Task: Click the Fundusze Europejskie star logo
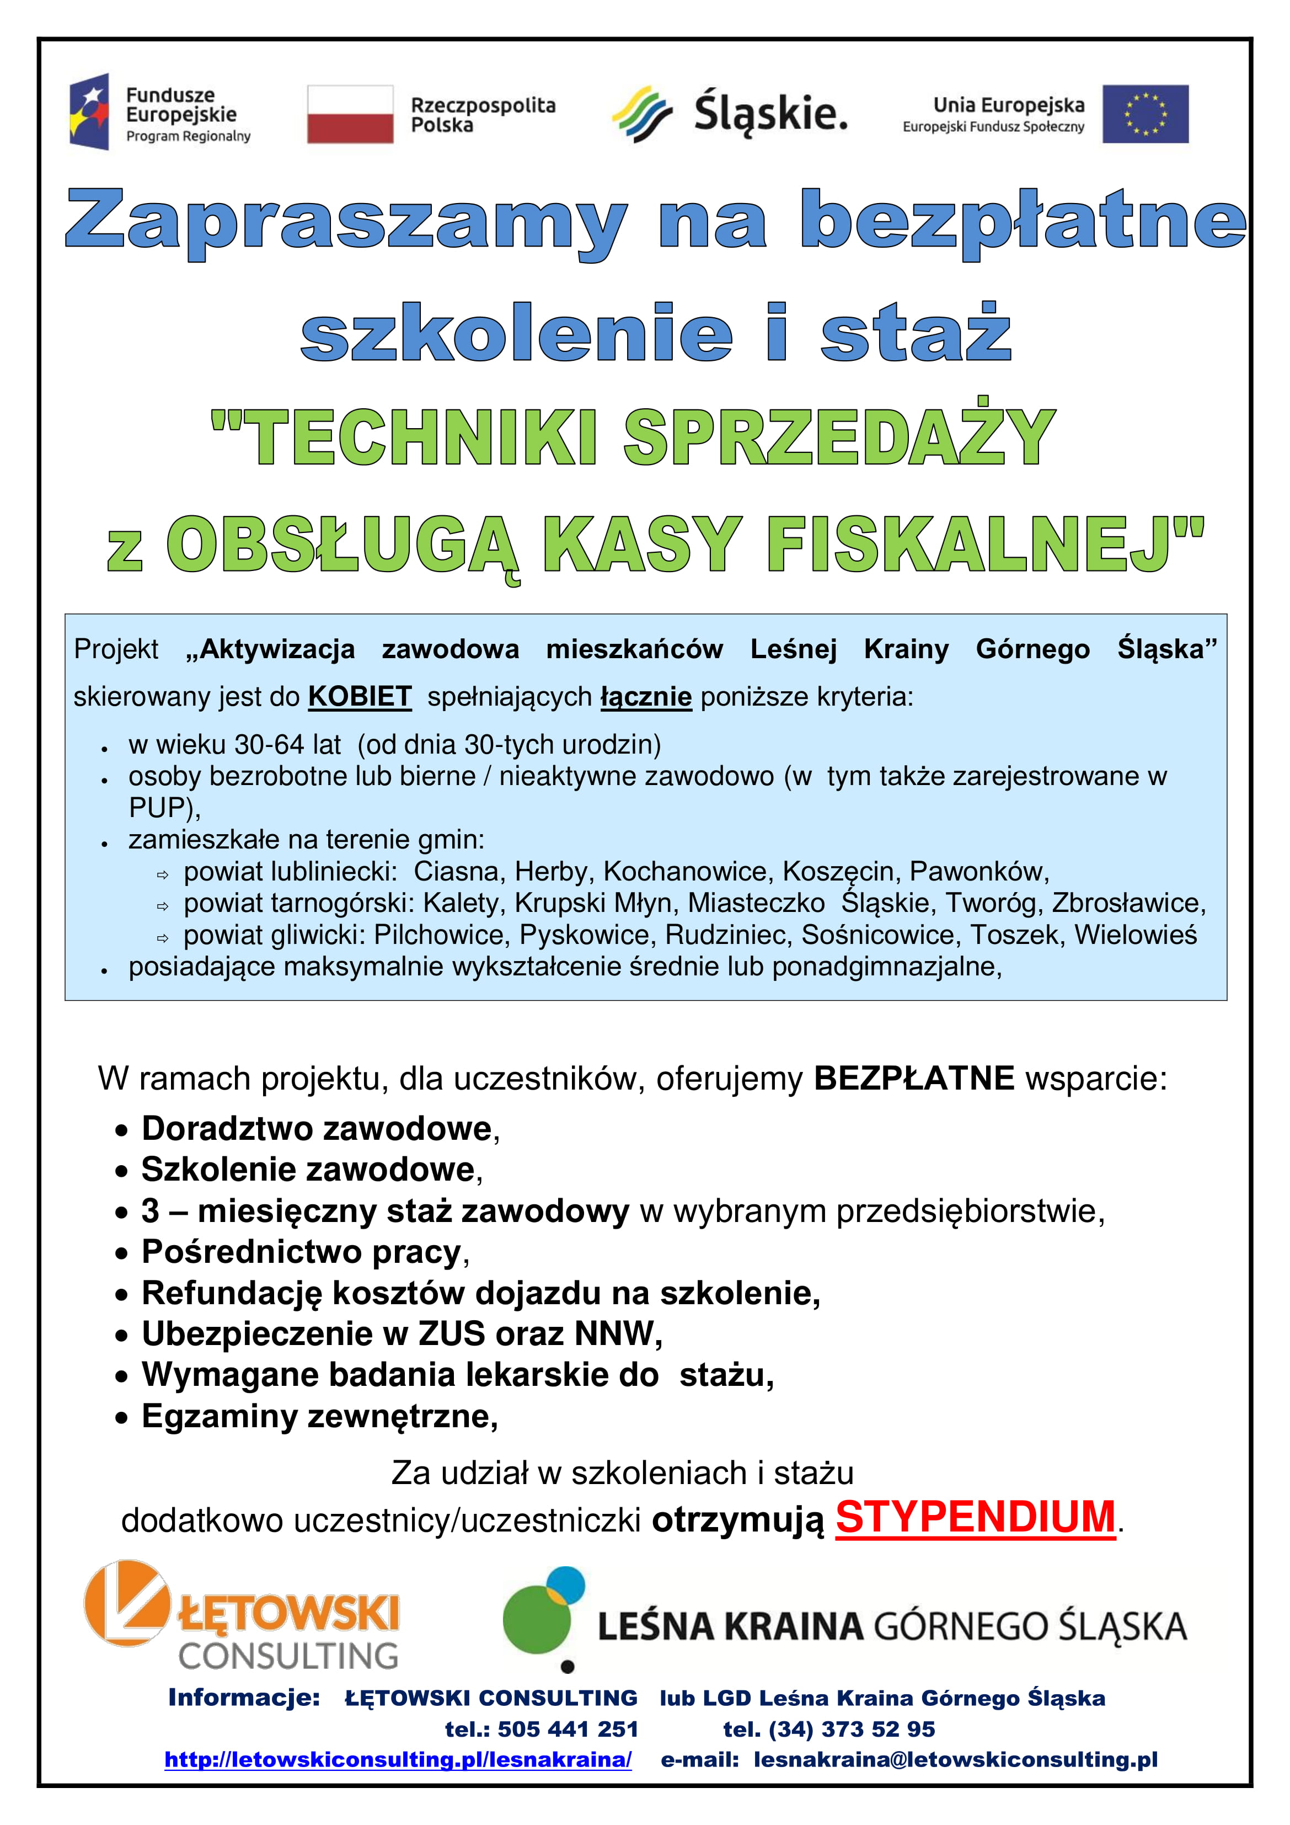click(89, 112)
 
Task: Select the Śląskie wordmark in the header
click(769, 113)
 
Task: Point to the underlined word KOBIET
click(359, 696)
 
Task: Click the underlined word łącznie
click(645, 696)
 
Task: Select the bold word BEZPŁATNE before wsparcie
click(913, 1079)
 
